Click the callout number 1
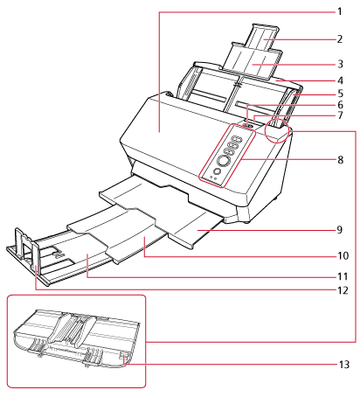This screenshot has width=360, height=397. point(339,11)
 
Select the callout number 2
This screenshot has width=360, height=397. point(340,39)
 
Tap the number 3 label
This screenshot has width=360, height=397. point(340,64)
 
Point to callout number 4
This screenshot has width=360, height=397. point(340,80)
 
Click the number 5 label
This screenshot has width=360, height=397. point(340,94)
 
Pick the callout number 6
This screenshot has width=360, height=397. point(340,105)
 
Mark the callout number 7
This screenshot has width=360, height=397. point(340,115)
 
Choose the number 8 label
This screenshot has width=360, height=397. point(340,160)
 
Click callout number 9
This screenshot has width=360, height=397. point(340,230)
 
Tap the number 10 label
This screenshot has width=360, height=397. point(343,255)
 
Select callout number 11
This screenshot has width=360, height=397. point(343,276)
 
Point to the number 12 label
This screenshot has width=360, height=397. point(343,290)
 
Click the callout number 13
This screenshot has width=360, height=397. point(343,365)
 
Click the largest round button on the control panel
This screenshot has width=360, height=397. point(224,161)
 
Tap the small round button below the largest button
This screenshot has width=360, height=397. point(217,171)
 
